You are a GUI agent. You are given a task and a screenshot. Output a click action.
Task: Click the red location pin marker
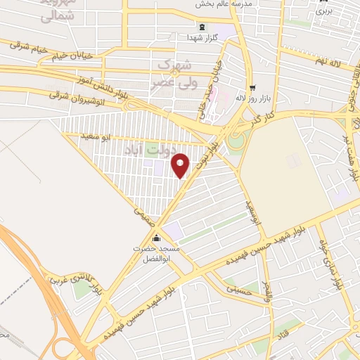point(181,165)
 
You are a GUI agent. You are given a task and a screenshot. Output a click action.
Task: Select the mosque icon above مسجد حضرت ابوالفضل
point(155,236)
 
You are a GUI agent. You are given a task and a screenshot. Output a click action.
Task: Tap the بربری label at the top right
point(323,11)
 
